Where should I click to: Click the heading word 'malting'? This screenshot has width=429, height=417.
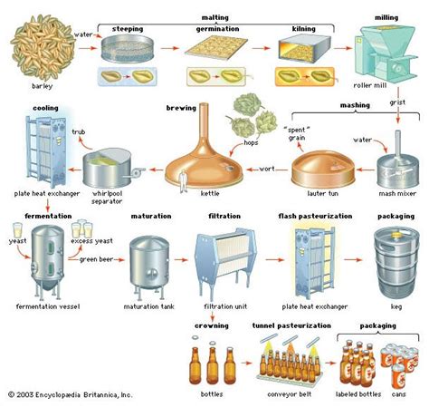[x=214, y=17]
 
